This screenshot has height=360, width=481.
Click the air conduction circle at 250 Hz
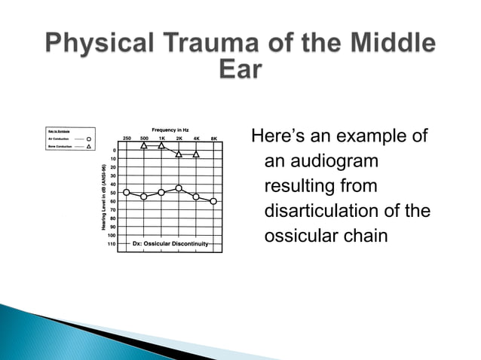pyautogui.click(x=127, y=193)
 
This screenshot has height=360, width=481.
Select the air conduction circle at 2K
pyautogui.click(x=179, y=188)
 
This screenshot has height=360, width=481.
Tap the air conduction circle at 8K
pyautogui.click(x=213, y=201)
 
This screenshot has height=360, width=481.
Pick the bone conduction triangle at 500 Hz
pyautogui.click(x=144, y=145)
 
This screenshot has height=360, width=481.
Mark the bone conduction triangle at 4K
pyautogui.click(x=196, y=154)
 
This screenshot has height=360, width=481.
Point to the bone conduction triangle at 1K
pyautogui.click(x=161, y=145)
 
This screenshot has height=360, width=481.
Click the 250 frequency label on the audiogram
pyautogui.click(x=127, y=139)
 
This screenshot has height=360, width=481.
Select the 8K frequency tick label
pyautogui.click(x=213, y=139)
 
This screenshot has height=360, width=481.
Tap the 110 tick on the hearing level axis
pyautogui.click(x=112, y=243)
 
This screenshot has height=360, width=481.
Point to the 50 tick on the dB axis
pyautogui.click(x=112, y=193)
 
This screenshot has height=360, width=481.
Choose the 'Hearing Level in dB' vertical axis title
pyautogui.click(x=103, y=197)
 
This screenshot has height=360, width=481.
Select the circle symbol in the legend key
pyautogui.click(x=89, y=139)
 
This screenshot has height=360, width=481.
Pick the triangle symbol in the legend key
pyautogui.click(x=89, y=147)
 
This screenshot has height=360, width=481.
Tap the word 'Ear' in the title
pyautogui.click(x=240, y=70)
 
